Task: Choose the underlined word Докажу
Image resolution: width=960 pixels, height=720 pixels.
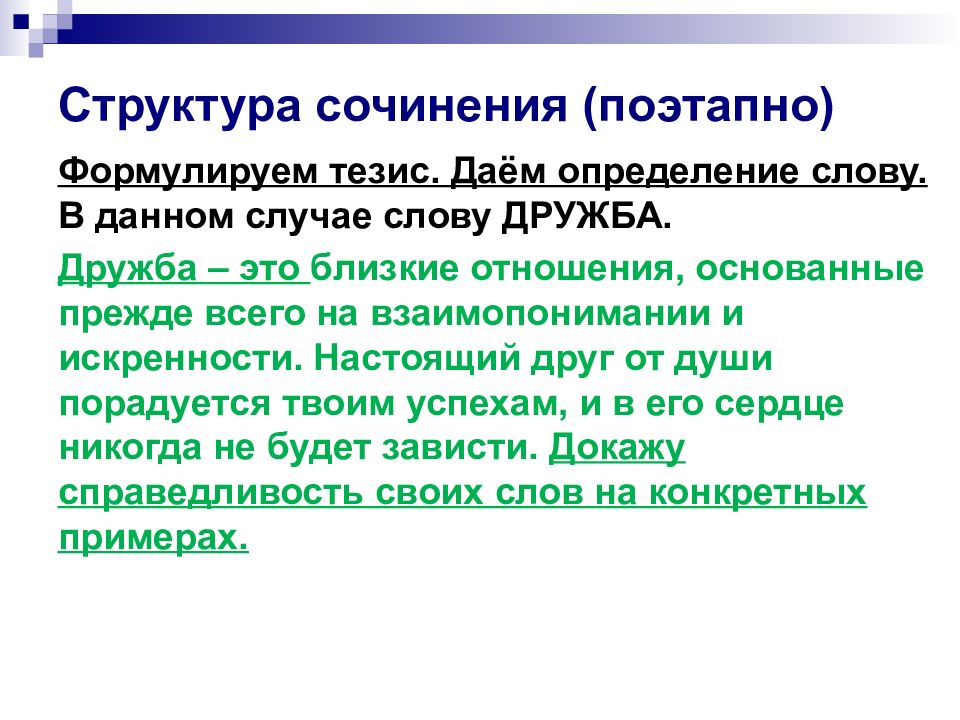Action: pos(617,447)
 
